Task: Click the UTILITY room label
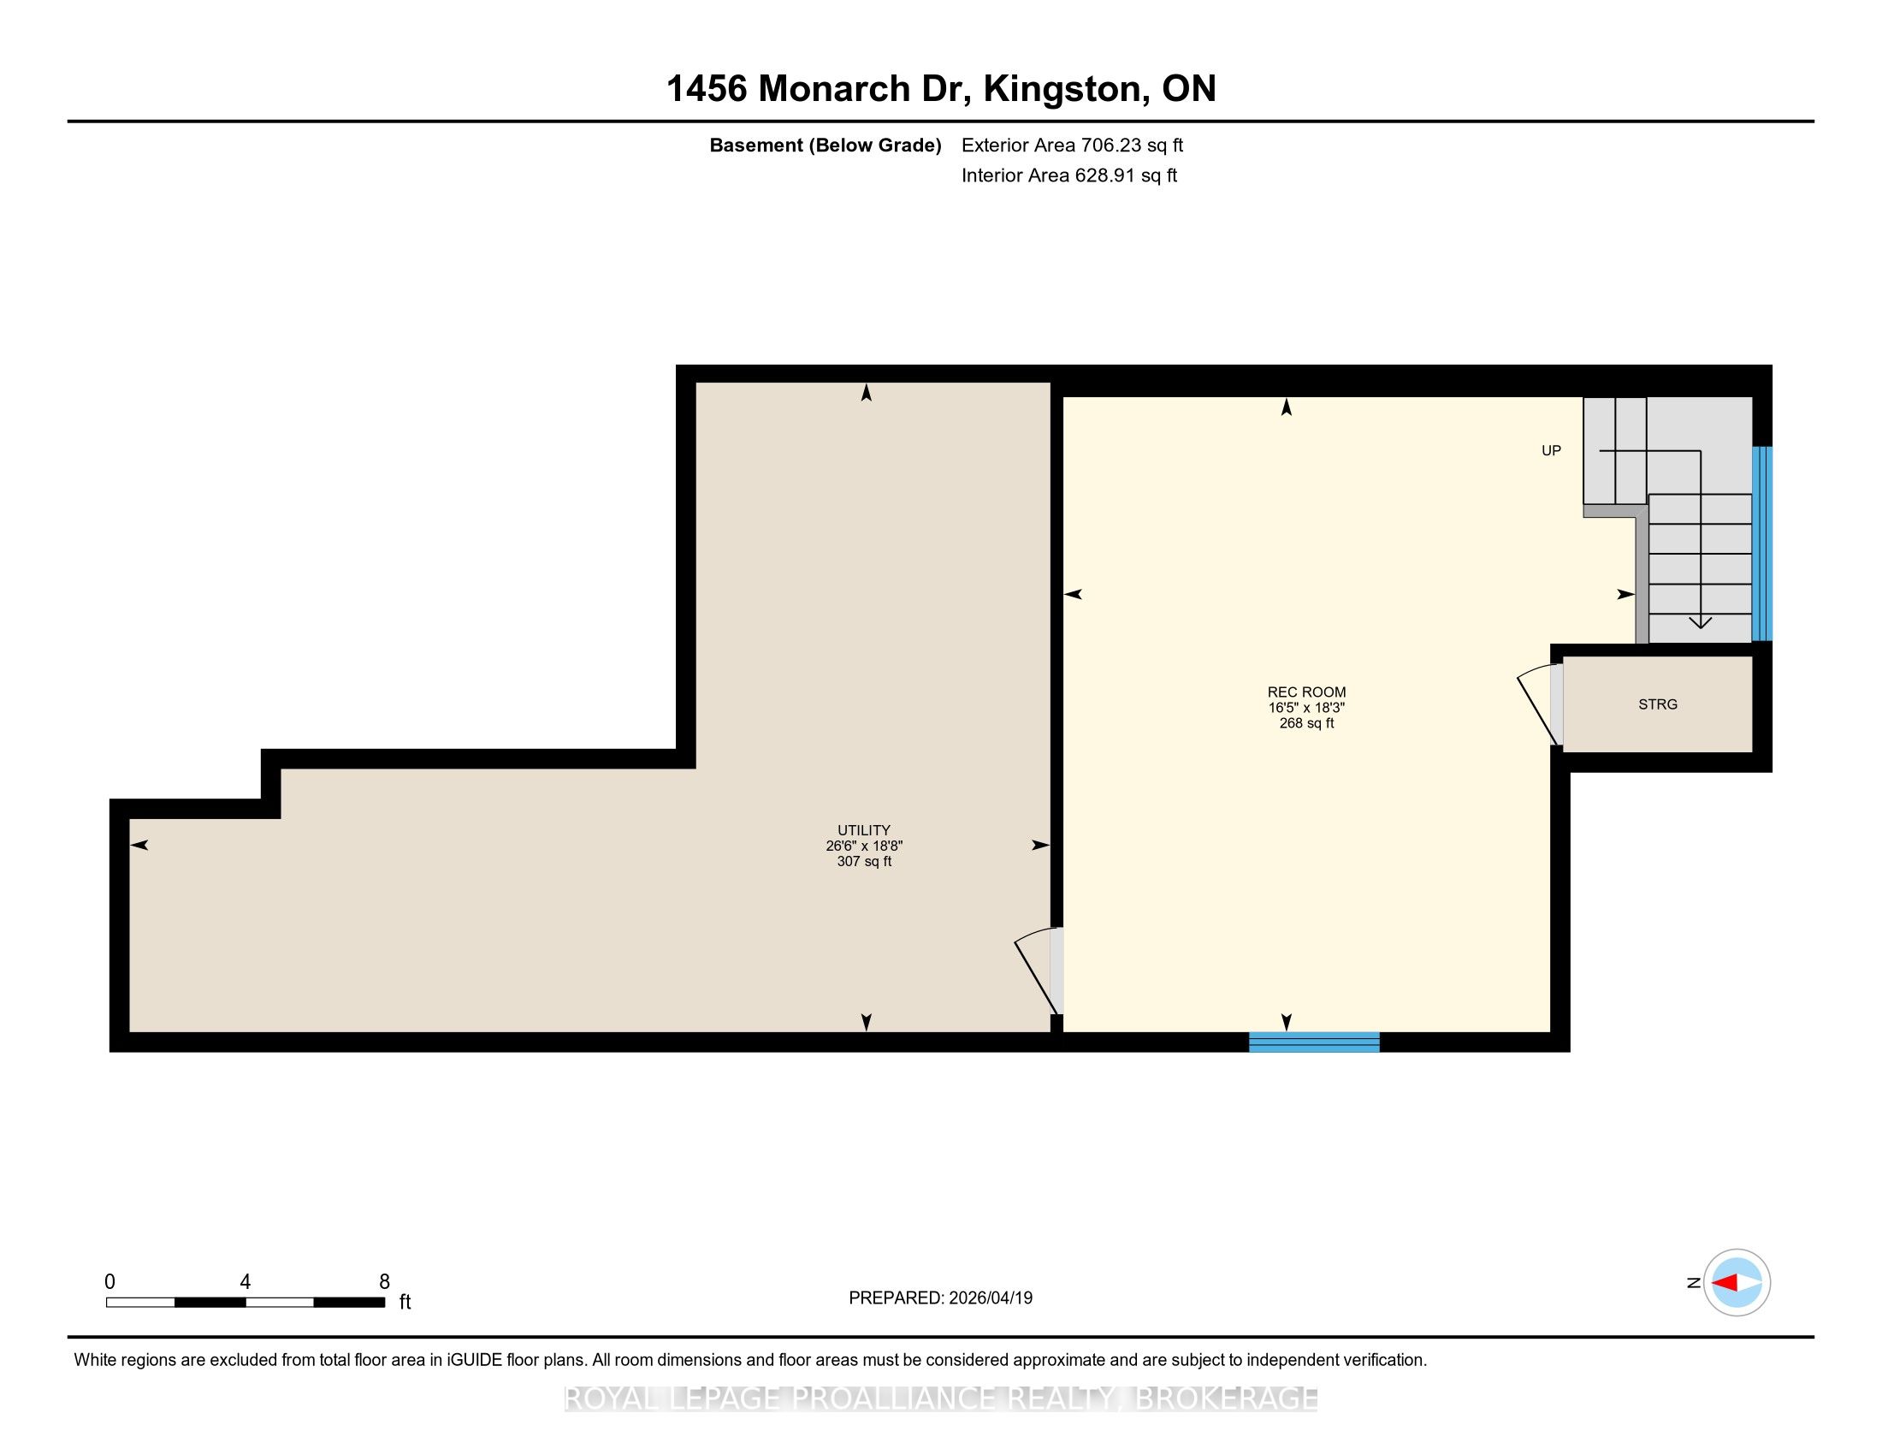point(863,830)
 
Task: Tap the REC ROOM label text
point(1306,692)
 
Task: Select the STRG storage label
point(1658,704)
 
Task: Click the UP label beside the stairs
point(1551,451)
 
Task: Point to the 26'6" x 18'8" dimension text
point(863,846)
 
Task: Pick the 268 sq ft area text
point(1306,723)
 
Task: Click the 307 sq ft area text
point(863,861)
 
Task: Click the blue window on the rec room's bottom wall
point(1314,1042)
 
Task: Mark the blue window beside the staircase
point(1762,543)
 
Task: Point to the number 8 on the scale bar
point(384,1282)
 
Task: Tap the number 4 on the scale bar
point(246,1282)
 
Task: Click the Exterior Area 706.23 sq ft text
point(1072,145)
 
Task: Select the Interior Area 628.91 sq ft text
point(1068,175)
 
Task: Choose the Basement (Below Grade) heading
point(825,145)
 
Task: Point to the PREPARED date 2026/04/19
point(990,1298)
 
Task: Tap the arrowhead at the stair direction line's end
point(1700,622)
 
